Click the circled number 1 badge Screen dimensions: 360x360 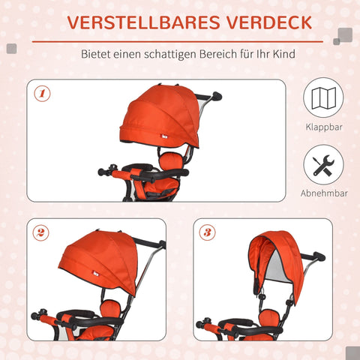(x=43, y=94)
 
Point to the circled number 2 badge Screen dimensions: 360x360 (x=43, y=232)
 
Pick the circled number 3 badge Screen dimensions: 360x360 (x=207, y=232)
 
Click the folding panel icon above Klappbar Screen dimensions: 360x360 (x=323, y=99)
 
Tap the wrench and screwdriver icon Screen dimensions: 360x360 (x=323, y=165)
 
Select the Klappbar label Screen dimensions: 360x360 (x=323, y=127)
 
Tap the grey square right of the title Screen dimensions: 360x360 (x=344, y=34)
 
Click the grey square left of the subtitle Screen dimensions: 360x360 (x=12, y=49)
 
